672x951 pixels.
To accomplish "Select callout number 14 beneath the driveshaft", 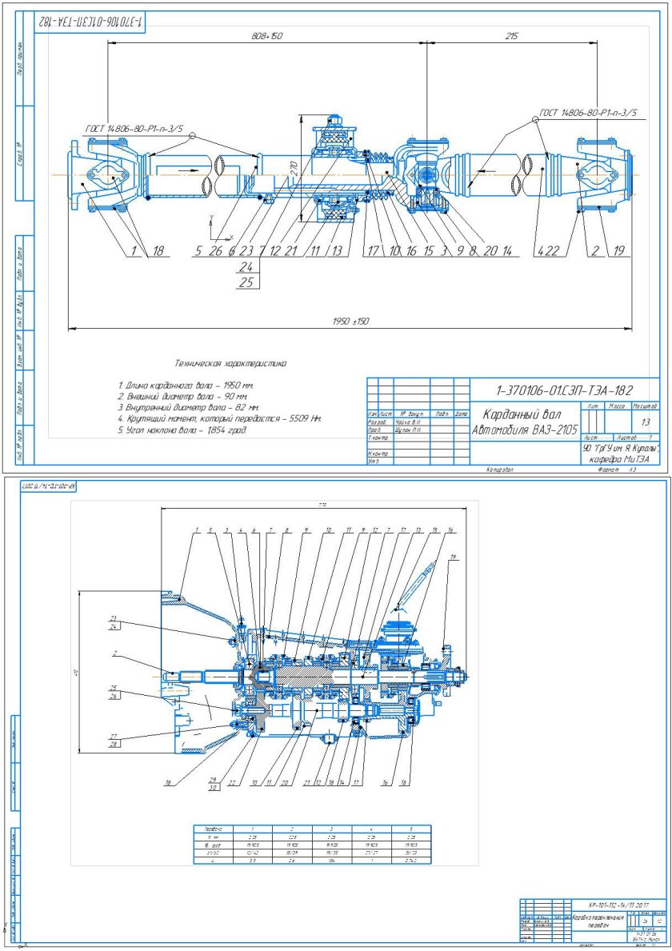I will tap(507, 250).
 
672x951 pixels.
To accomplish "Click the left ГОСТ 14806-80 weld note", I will tap(135, 128).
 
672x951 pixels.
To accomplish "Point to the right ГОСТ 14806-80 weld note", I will tap(588, 114).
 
